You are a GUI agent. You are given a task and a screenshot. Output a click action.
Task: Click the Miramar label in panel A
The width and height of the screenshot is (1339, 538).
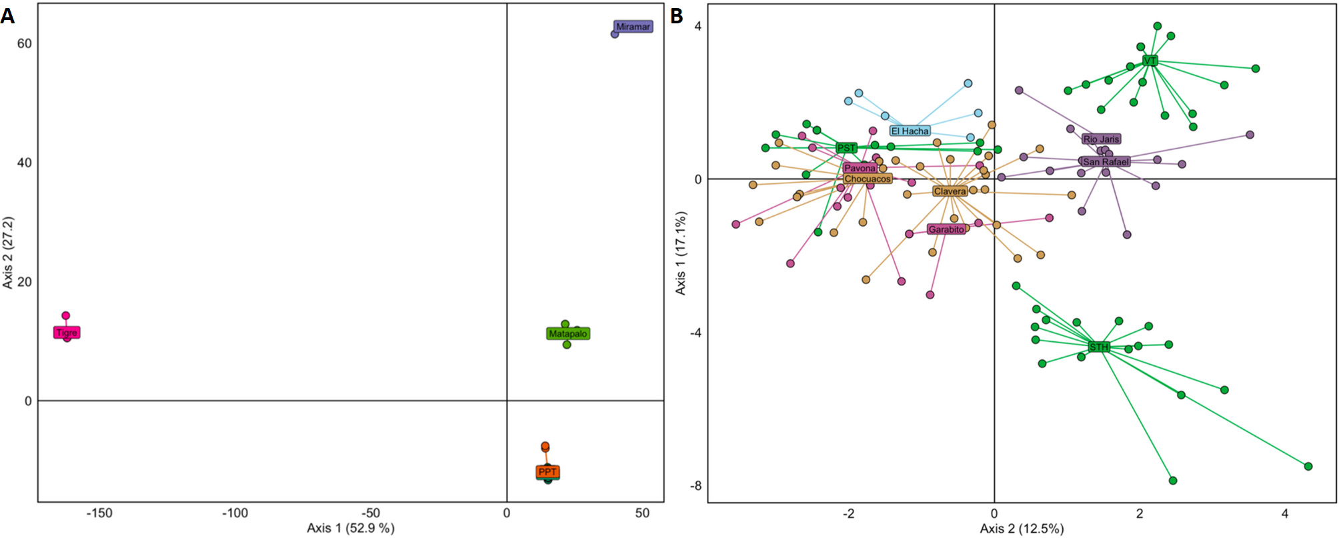[x=633, y=27]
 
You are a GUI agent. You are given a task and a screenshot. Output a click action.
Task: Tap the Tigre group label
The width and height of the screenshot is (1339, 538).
[x=67, y=333]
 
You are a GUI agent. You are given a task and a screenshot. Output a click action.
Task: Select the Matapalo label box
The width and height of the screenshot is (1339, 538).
[x=568, y=333]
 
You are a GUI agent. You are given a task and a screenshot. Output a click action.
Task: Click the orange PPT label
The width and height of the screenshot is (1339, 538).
[x=547, y=472]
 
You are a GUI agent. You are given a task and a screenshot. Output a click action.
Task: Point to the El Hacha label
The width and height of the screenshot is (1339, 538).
[x=910, y=131]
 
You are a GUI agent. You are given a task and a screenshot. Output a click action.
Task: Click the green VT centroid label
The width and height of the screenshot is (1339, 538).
[x=1150, y=61]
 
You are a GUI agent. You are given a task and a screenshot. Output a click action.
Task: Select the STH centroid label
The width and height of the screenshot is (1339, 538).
[x=1099, y=347]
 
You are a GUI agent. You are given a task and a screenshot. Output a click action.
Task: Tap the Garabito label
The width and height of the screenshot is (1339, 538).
[x=946, y=229]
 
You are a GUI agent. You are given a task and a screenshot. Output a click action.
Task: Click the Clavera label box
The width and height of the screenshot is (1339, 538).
[x=950, y=191]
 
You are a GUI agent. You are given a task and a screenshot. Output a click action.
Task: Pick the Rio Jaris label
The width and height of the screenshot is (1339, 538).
[x=1102, y=139]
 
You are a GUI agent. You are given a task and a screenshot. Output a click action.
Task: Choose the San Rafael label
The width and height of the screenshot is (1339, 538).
[x=1106, y=162]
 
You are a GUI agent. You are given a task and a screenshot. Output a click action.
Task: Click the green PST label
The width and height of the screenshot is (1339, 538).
[x=846, y=148]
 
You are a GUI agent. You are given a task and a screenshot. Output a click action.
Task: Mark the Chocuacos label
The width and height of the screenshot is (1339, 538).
[x=867, y=179]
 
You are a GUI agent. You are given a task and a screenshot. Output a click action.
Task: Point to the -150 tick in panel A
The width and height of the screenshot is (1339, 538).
[x=100, y=513]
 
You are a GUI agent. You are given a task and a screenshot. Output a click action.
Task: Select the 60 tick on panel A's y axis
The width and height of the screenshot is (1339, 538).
[x=24, y=43]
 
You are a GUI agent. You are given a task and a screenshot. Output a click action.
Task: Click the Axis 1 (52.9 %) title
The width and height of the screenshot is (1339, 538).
[x=351, y=528]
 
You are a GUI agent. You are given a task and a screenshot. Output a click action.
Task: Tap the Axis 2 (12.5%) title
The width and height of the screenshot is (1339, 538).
[x=1022, y=529]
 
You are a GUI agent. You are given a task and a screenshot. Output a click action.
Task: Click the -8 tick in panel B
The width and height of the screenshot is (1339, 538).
[x=696, y=486]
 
